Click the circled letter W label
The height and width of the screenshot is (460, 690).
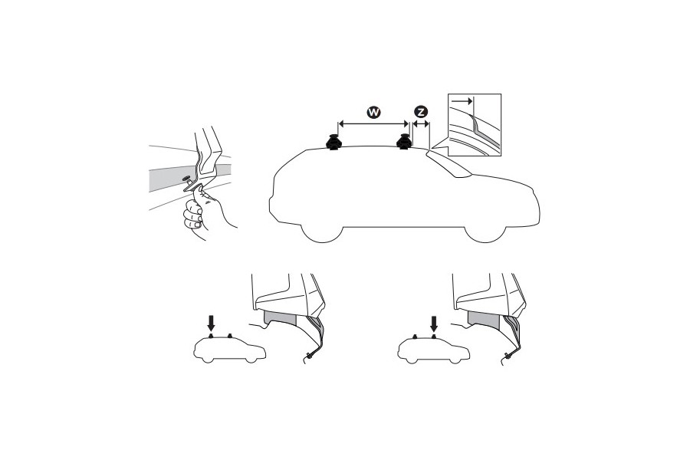[x=373, y=112]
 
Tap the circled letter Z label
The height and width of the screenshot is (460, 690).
[x=421, y=112]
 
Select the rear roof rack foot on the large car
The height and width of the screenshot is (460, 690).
[x=334, y=143]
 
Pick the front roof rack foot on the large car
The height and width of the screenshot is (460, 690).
[x=403, y=143]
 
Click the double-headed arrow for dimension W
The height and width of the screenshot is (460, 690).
[x=373, y=123]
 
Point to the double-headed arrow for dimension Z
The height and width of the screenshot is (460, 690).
[x=421, y=123]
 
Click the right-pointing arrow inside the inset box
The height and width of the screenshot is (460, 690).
[x=462, y=100]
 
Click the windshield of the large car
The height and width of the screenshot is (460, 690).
[x=448, y=164]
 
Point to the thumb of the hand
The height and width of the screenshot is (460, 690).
[x=205, y=201]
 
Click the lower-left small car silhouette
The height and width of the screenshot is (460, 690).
[x=229, y=350]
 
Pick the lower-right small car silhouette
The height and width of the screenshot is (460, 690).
[x=434, y=350]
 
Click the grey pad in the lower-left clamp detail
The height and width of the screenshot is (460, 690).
[x=279, y=320]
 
